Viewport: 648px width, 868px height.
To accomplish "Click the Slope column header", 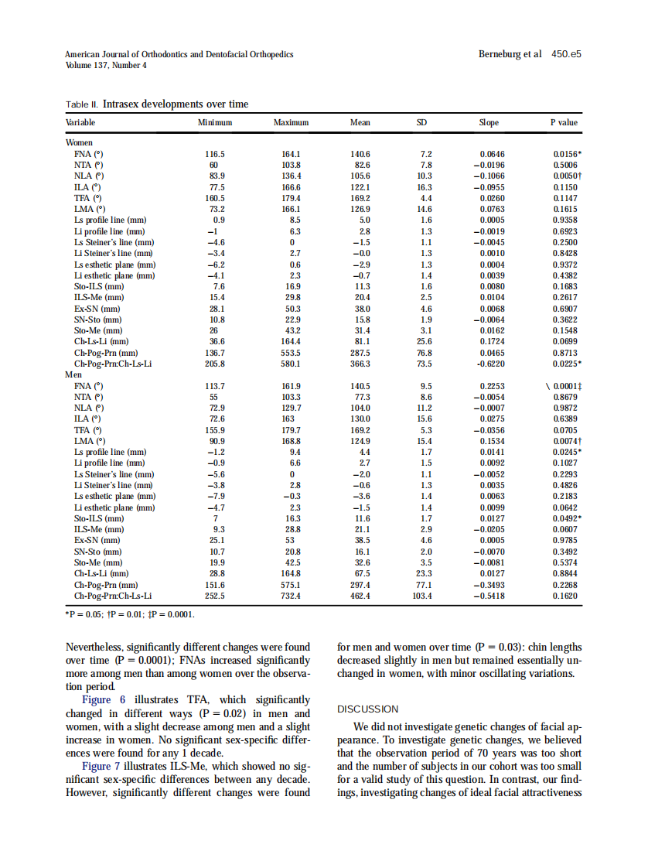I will [489, 122].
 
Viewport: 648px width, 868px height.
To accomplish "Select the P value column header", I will [563, 122].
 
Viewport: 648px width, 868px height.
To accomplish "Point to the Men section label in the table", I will [73, 374].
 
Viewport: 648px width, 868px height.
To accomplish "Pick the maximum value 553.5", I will [291, 352].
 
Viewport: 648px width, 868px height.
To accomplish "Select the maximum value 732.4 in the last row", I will [291, 596].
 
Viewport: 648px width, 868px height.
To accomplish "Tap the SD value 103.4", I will [423, 596].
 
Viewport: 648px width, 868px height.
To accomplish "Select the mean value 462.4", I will [360, 596].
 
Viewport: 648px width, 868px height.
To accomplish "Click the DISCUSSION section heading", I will [367, 709].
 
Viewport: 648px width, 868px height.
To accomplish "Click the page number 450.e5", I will [566, 55].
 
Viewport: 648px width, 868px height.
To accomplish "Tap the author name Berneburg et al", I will [510, 55].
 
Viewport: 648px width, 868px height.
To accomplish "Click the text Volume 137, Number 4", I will [106, 65].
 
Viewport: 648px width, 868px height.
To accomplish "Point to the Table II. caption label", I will [81, 104].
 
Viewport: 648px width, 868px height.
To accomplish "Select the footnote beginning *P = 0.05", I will [129, 615].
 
